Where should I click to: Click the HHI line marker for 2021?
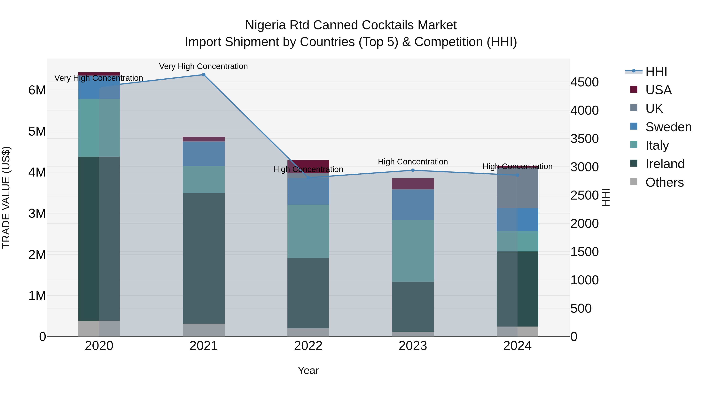(x=203, y=75)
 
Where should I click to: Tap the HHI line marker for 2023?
(x=413, y=170)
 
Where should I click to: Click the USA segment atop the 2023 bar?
(x=413, y=184)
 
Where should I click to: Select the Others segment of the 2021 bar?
(x=203, y=330)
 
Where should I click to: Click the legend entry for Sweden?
(x=668, y=127)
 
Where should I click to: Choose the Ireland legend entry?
(x=665, y=164)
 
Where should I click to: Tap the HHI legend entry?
(x=656, y=71)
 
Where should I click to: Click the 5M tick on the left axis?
(x=37, y=131)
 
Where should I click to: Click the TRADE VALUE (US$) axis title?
(x=6, y=197)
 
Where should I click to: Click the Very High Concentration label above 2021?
(x=203, y=66)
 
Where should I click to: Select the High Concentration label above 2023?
(x=413, y=162)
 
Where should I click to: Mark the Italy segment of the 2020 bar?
(x=99, y=128)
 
